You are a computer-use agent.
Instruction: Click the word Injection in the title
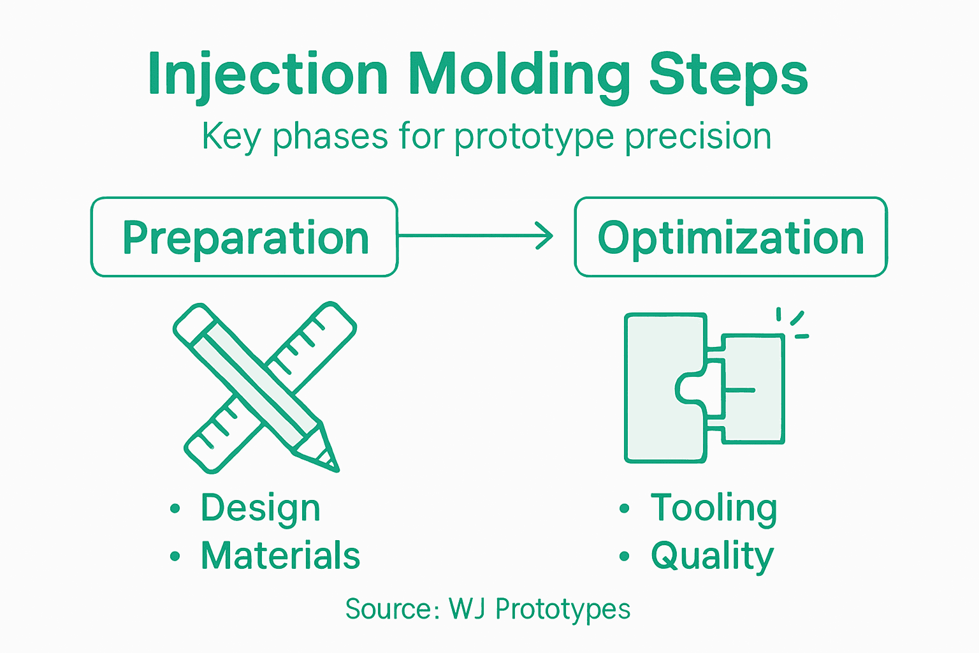click(268, 74)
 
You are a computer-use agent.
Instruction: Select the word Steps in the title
click(728, 74)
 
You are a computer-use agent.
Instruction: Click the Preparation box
click(245, 237)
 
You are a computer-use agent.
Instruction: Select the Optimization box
click(730, 237)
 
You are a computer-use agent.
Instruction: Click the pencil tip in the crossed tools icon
click(330, 461)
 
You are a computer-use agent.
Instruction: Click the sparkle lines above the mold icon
click(793, 323)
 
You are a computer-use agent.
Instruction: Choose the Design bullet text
click(260, 508)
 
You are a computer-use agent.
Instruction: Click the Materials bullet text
click(280, 555)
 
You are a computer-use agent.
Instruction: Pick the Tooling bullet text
click(714, 508)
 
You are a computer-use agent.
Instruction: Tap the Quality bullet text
click(712, 555)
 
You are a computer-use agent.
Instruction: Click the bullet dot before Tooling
click(624, 509)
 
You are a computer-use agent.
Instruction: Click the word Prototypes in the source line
click(563, 609)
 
